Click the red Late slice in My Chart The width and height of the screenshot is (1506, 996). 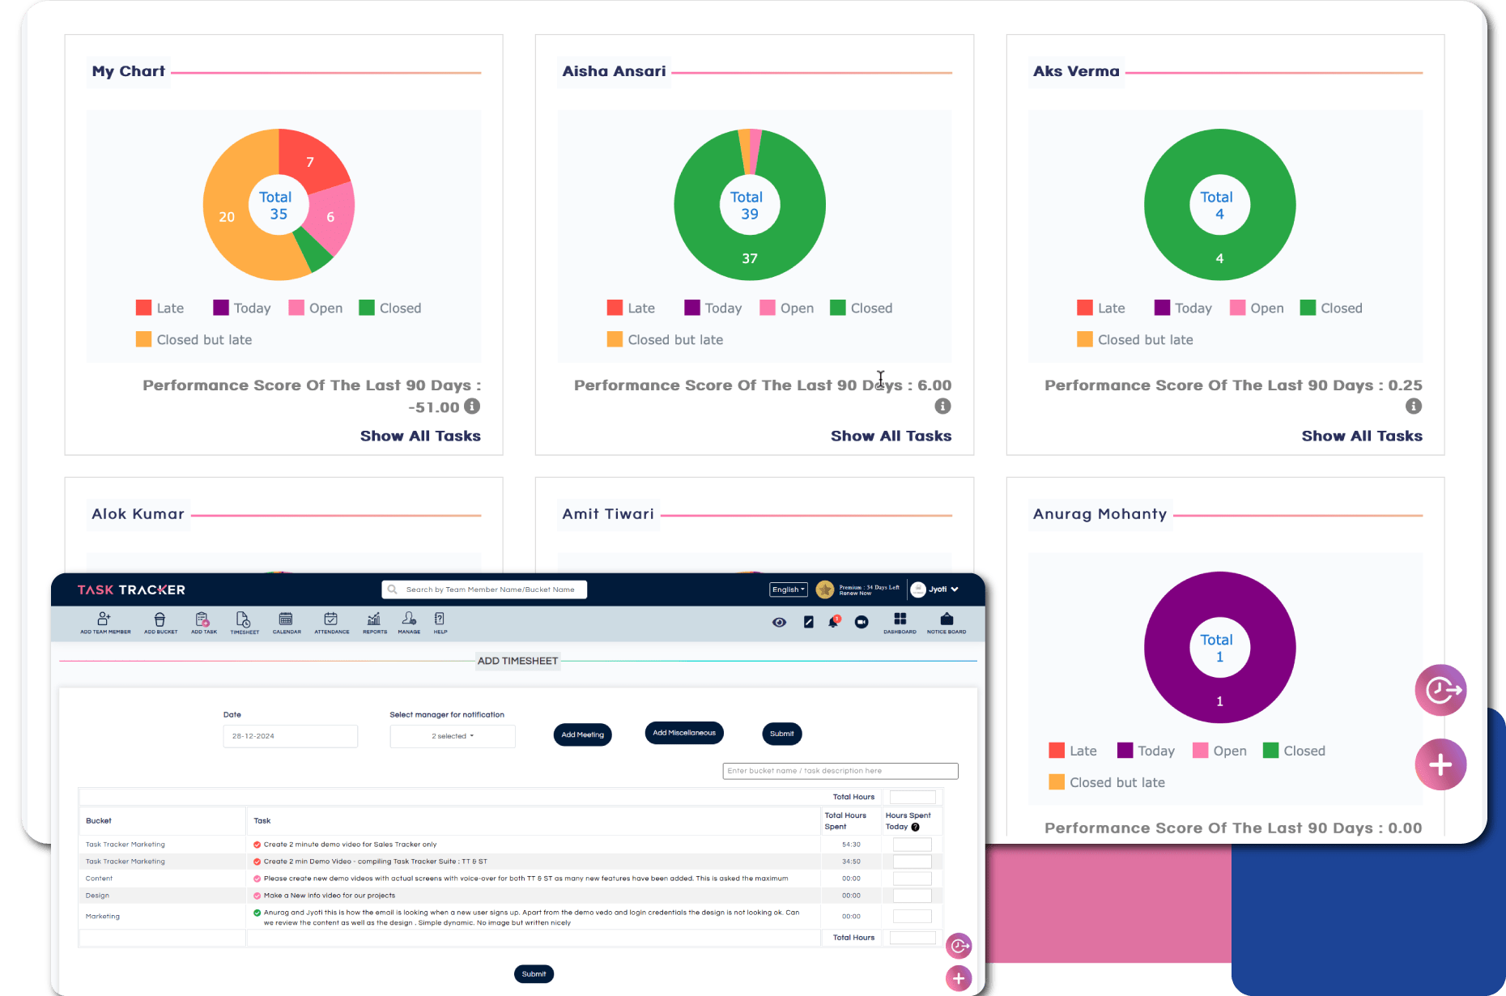[x=311, y=161]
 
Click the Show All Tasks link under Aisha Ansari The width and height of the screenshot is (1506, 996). [x=891, y=436]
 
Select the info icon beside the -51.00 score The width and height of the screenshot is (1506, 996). [x=472, y=406]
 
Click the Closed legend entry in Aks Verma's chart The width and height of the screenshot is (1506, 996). [x=1331, y=308]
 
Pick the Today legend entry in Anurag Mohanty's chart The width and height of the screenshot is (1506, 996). [x=1146, y=751]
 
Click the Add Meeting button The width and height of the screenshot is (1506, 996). [x=582, y=734]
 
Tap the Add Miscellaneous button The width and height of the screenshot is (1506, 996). [x=684, y=733]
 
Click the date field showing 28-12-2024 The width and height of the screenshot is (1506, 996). [x=290, y=736]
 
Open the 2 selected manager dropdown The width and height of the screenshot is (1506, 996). [x=453, y=736]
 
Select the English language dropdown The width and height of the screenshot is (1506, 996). [x=788, y=590]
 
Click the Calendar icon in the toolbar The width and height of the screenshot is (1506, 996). [x=286, y=622]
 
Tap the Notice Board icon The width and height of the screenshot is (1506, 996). [x=947, y=622]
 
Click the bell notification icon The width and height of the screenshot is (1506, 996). [x=833, y=622]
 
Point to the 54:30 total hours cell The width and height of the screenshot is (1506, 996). [x=850, y=844]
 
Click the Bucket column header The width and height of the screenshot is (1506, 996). [x=99, y=820]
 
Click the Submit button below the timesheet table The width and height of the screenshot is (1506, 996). [x=534, y=974]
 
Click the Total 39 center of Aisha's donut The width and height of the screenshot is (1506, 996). [x=749, y=206]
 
